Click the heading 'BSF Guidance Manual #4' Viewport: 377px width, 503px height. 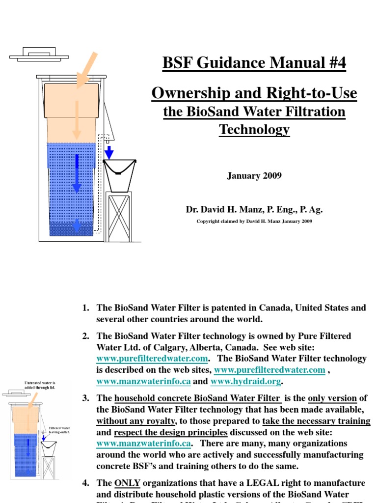[x=254, y=63]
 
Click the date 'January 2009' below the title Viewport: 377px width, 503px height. [x=254, y=176]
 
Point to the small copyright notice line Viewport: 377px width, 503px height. [x=254, y=221]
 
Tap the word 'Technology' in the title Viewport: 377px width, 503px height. [x=254, y=130]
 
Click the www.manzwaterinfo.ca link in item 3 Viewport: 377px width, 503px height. [x=144, y=443]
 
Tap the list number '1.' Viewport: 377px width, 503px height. [x=86, y=308]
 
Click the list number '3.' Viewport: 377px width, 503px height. [x=86, y=398]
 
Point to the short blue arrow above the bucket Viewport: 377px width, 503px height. [x=109, y=152]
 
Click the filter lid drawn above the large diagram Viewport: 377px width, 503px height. [x=34, y=55]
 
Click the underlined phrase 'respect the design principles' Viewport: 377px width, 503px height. [x=170, y=432]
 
